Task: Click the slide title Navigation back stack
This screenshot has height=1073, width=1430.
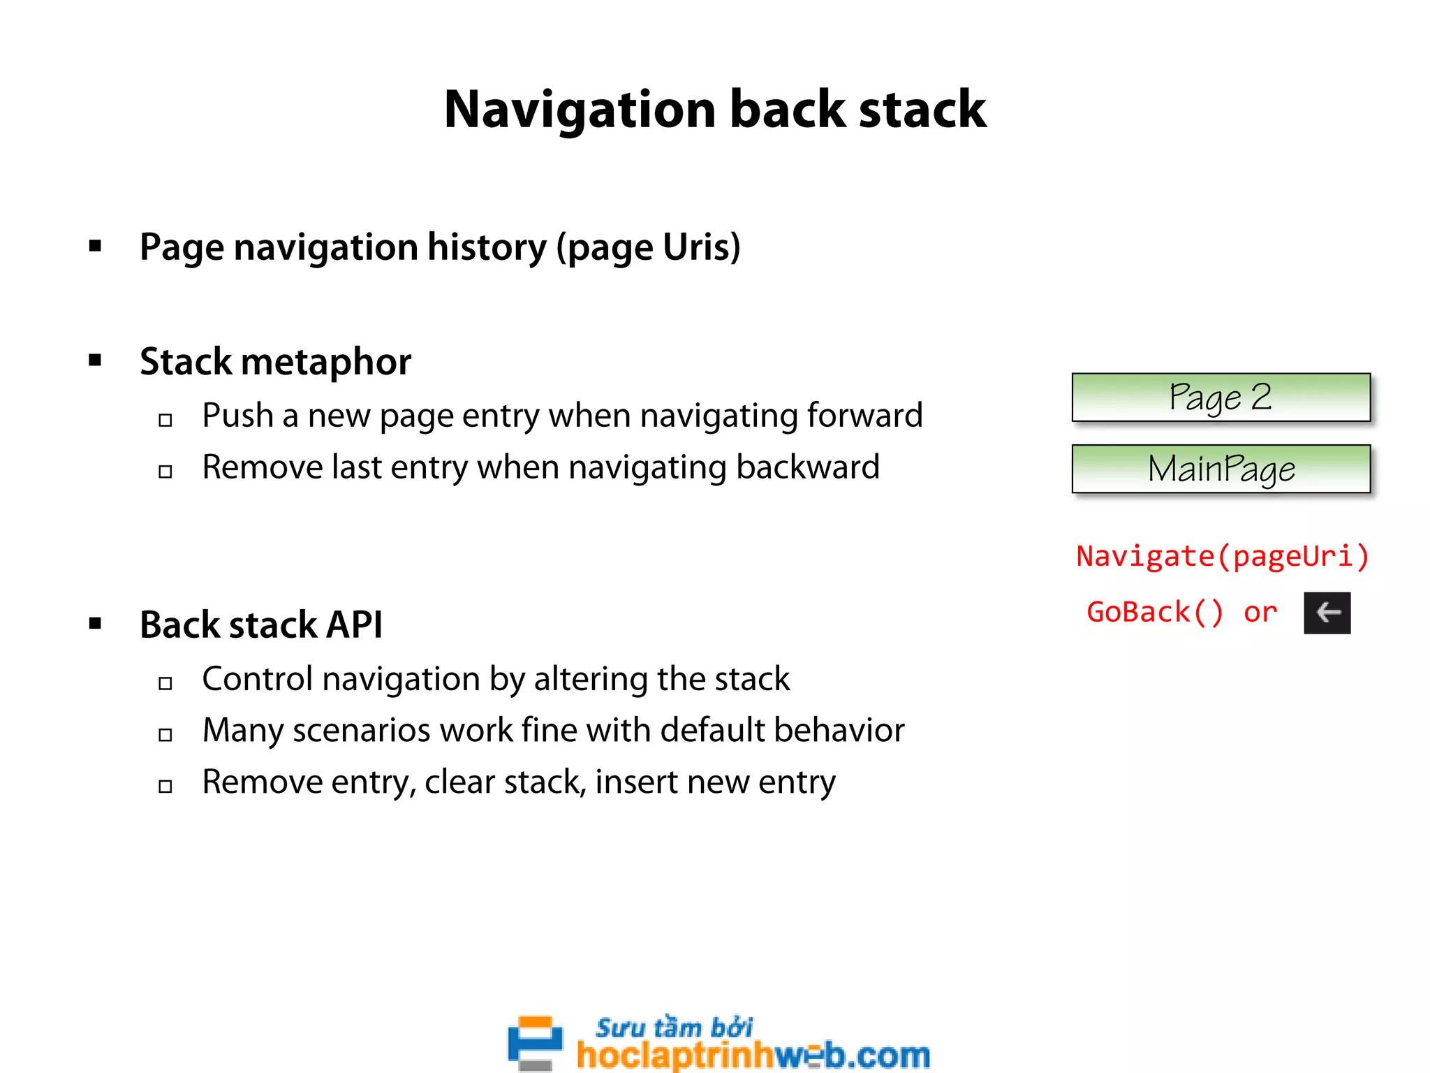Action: click(715, 110)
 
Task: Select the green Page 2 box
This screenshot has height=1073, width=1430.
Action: click(1221, 397)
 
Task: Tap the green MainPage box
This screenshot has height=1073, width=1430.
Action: click(1221, 469)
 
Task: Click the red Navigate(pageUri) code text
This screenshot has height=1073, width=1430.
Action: click(1222, 557)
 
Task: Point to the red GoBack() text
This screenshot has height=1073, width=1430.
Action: click(1155, 613)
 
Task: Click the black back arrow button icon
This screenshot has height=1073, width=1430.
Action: click(1327, 613)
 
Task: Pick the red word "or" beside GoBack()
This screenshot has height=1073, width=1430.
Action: click(1260, 613)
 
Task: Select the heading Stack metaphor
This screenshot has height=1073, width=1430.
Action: click(275, 362)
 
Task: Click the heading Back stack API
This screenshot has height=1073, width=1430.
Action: click(261, 625)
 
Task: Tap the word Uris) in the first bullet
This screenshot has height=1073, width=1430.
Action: click(701, 247)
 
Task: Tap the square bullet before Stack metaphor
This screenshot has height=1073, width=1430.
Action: click(96, 360)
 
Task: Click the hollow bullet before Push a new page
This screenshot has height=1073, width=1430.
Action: click(165, 420)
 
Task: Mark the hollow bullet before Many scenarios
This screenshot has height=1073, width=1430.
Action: click(165, 735)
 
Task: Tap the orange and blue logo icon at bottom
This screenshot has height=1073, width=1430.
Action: click(535, 1042)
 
